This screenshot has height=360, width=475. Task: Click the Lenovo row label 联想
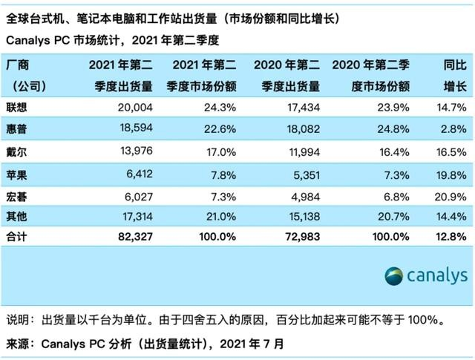19,107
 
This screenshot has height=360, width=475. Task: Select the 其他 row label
19,216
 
